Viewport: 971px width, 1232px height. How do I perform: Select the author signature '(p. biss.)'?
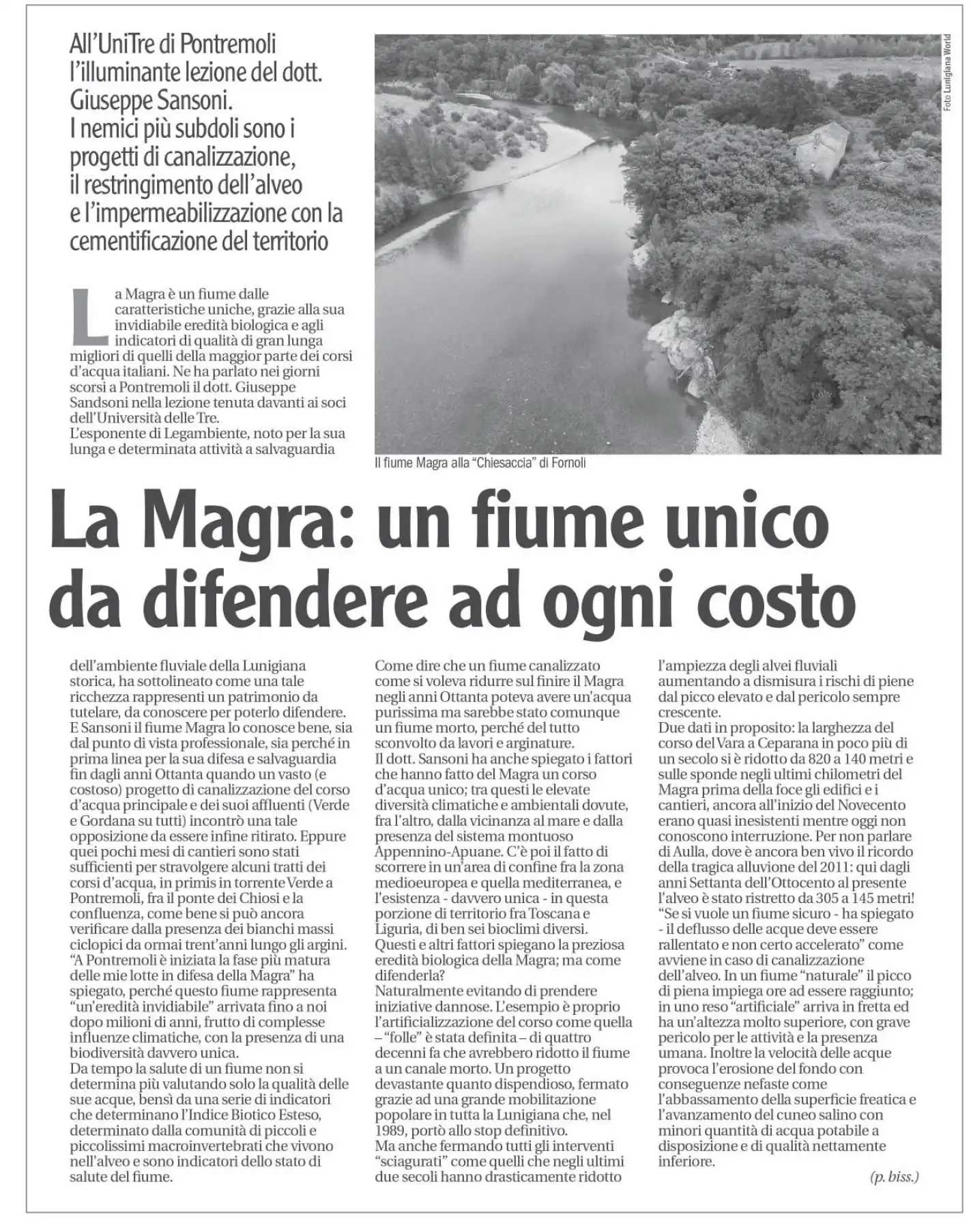(894, 1176)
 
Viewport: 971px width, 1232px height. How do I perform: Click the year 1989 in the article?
(391, 1130)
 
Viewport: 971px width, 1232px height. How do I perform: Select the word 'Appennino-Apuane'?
(424, 851)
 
